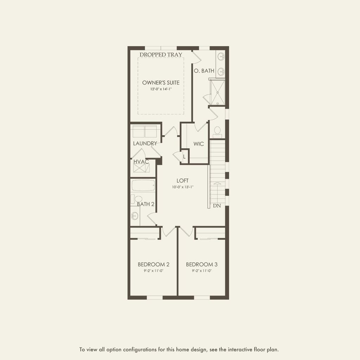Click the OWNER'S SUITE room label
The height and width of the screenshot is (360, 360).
[161, 83]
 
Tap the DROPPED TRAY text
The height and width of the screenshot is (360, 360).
[161, 54]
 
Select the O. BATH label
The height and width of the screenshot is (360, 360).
[204, 71]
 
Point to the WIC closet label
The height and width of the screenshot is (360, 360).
[199, 144]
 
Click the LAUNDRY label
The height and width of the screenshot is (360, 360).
[145, 143]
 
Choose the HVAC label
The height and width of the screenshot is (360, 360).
[141, 161]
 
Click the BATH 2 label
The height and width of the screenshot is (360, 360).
[146, 204]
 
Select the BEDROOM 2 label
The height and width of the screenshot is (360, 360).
[154, 264]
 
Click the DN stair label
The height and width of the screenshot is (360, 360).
[217, 206]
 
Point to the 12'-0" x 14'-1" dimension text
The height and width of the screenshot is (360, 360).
[161, 90]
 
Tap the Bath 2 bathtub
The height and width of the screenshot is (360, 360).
[143, 185]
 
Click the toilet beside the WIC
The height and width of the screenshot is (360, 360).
[217, 131]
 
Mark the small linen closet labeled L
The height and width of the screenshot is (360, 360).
[184, 156]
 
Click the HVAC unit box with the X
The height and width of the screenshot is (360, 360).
[141, 168]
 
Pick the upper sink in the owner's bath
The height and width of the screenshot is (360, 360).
[221, 56]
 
